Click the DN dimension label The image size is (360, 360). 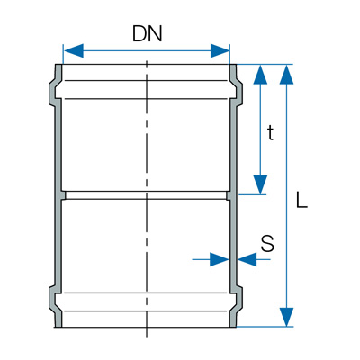click(148, 33)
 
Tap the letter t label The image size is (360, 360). click(271, 133)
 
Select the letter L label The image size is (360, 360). click(301, 200)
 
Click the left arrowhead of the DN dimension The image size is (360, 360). click(74, 50)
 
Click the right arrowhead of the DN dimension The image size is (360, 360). click(220, 50)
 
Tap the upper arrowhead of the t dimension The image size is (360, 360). click(260, 74)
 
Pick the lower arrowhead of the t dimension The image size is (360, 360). click(260, 184)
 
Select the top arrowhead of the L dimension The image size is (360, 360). click(287, 74)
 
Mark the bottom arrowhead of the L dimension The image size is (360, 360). click(287, 317)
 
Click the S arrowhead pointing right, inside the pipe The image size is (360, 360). click(220, 259)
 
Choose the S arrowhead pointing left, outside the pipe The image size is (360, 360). click(247, 259)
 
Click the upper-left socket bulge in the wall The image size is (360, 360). click(53, 90)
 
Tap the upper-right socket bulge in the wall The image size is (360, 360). click(238, 90)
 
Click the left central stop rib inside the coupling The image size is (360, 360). click(62, 195)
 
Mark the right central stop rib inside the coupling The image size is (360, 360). click(229, 195)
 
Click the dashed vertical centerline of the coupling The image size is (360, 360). click(147, 198)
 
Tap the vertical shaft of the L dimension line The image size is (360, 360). click(287, 195)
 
